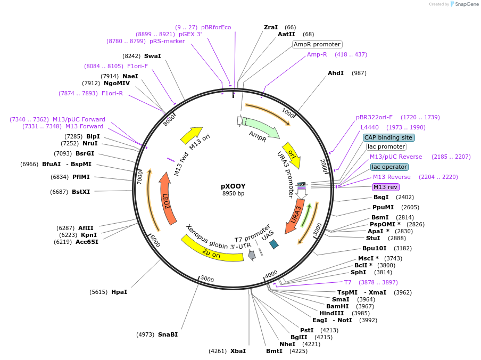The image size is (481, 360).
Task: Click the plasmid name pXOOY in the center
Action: [x=233, y=186]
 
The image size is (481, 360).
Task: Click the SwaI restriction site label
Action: [x=152, y=56]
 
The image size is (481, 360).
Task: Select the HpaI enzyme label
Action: [x=119, y=292]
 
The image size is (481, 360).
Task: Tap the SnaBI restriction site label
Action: [x=168, y=334]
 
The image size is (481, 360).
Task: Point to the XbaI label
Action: [x=238, y=351]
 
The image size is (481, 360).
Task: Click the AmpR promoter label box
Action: [x=317, y=44]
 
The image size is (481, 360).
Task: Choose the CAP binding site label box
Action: [x=388, y=137]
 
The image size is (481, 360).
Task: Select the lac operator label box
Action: [x=389, y=167]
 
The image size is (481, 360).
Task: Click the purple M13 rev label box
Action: [x=385, y=187]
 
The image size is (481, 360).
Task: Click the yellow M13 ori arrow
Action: [x=191, y=135]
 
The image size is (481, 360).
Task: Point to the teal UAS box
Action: [x=273, y=244]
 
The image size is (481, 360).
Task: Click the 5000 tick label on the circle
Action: [x=207, y=280]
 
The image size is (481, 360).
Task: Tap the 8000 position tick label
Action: [x=169, y=121]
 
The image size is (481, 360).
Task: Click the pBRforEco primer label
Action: [x=216, y=27]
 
